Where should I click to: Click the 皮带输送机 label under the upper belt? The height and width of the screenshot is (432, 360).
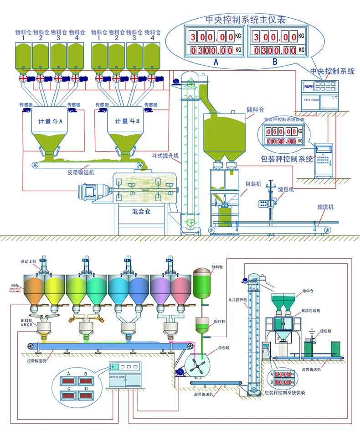80,173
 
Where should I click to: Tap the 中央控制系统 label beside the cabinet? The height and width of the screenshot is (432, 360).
332,71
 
